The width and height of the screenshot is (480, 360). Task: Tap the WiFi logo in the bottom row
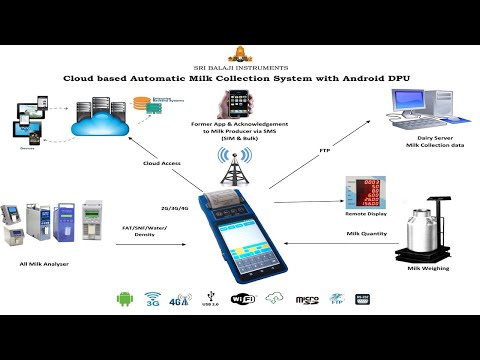[x=241, y=299]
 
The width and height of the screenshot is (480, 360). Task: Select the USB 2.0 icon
[x=209, y=299]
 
